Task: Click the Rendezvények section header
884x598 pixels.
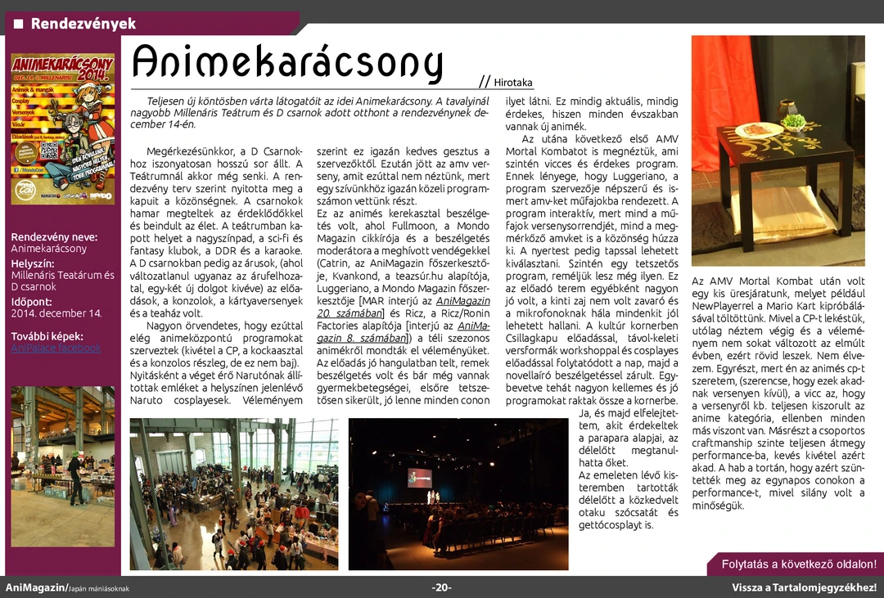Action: tap(83, 24)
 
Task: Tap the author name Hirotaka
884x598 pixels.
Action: tap(513, 83)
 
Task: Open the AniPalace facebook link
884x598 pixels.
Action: tap(56, 348)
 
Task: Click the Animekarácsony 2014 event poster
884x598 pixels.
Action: tap(62, 128)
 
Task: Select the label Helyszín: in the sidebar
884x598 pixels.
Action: tap(33, 263)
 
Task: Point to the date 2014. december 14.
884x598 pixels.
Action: tap(56, 313)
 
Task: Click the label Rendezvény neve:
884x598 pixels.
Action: tap(54, 236)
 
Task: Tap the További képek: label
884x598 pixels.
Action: tap(47, 336)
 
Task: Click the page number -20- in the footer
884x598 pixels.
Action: tap(442, 587)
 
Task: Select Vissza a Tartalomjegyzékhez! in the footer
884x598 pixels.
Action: tap(804, 587)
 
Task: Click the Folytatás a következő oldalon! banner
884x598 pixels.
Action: tap(798, 564)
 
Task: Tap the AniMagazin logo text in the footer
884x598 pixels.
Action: tap(37, 587)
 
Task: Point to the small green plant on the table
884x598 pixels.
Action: tap(792, 122)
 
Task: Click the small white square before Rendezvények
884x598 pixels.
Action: tap(18, 24)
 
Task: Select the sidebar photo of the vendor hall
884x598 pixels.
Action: tap(62, 466)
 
